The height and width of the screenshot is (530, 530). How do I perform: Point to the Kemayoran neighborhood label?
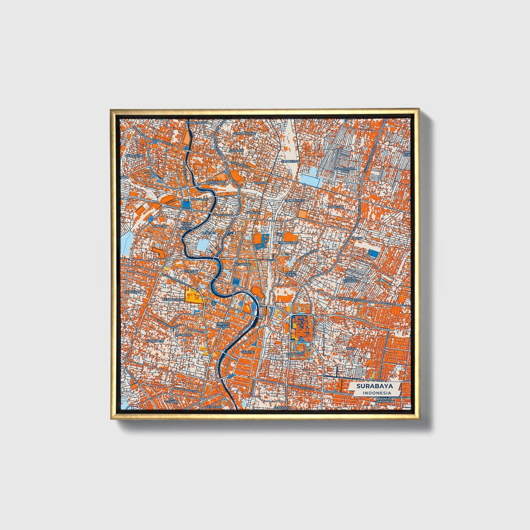tap(135, 156)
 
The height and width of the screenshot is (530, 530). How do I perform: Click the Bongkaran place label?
tap(217, 182)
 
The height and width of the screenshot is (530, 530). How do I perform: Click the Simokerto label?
tap(290, 161)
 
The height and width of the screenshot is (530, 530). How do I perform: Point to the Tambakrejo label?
tap(296, 201)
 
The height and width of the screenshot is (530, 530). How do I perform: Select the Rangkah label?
tap(336, 207)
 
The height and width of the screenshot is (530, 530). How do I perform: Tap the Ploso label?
tap(357, 238)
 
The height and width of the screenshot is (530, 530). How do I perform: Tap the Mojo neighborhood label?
tap(351, 348)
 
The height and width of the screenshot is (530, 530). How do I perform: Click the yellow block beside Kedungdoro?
tap(192, 296)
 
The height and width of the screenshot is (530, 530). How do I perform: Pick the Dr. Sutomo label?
tap(172, 401)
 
